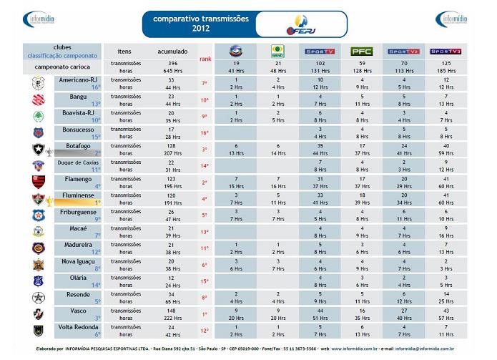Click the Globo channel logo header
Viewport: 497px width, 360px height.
[235, 52]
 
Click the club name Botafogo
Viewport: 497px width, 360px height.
[78, 145]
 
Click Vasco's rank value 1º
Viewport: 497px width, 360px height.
[204, 314]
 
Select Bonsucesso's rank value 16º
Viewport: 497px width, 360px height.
[204, 133]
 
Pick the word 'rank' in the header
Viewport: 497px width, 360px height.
[205, 59]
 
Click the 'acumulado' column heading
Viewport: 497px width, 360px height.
[172, 52]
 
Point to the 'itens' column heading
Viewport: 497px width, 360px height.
[124, 52]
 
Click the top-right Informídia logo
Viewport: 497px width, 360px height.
[454, 19]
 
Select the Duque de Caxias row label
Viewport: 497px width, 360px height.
[77, 162]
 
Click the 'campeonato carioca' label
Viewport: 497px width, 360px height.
[61, 67]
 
